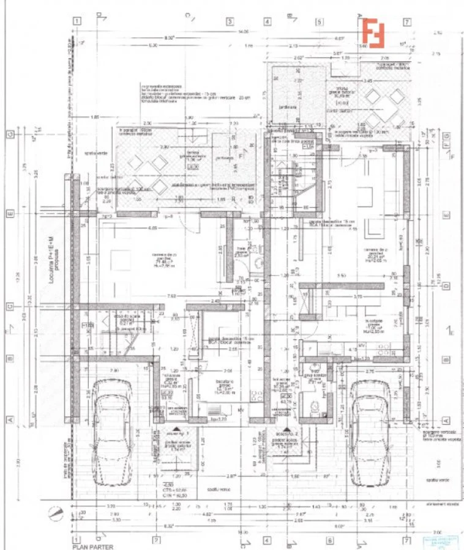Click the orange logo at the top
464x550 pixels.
point(373,32)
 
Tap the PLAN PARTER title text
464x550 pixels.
point(92,547)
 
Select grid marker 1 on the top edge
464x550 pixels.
point(77,21)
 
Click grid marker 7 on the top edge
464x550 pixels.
point(406,21)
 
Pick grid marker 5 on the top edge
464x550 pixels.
point(319,21)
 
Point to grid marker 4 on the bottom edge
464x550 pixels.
point(268,540)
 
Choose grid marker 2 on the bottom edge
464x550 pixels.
point(156,540)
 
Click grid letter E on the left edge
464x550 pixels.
point(10,215)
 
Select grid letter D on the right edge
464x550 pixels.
point(446,285)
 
